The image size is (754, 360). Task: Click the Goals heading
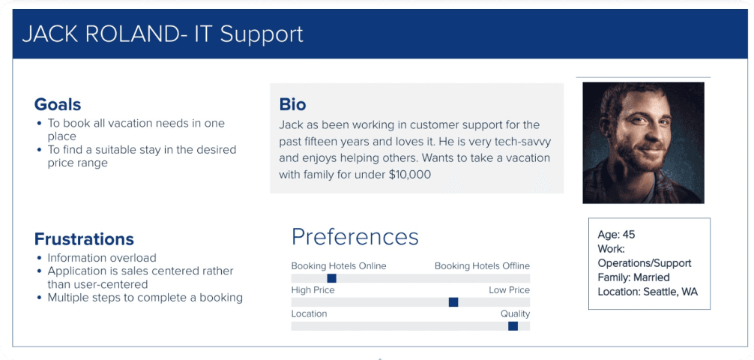pyautogui.click(x=57, y=104)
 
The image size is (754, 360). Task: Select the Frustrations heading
pyautogui.click(x=84, y=239)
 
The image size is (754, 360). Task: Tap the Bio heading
pyautogui.click(x=293, y=104)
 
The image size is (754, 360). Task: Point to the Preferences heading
pyautogui.click(x=355, y=237)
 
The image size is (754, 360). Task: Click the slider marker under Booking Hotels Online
pyautogui.click(x=331, y=278)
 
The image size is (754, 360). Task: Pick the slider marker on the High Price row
pyautogui.click(x=453, y=302)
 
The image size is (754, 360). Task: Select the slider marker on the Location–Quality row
pyautogui.click(x=513, y=326)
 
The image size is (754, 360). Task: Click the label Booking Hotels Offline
pyautogui.click(x=483, y=266)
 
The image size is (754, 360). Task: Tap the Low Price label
pyautogui.click(x=509, y=290)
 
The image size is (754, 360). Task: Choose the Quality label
pyautogui.click(x=515, y=314)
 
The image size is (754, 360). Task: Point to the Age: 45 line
pyautogui.click(x=617, y=235)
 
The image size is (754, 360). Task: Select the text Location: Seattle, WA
pyautogui.click(x=648, y=292)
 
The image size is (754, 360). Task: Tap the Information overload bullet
pyautogui.click(x=102, y=258)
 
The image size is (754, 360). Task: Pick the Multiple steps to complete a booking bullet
pyautogui.click(x=145, y=298)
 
